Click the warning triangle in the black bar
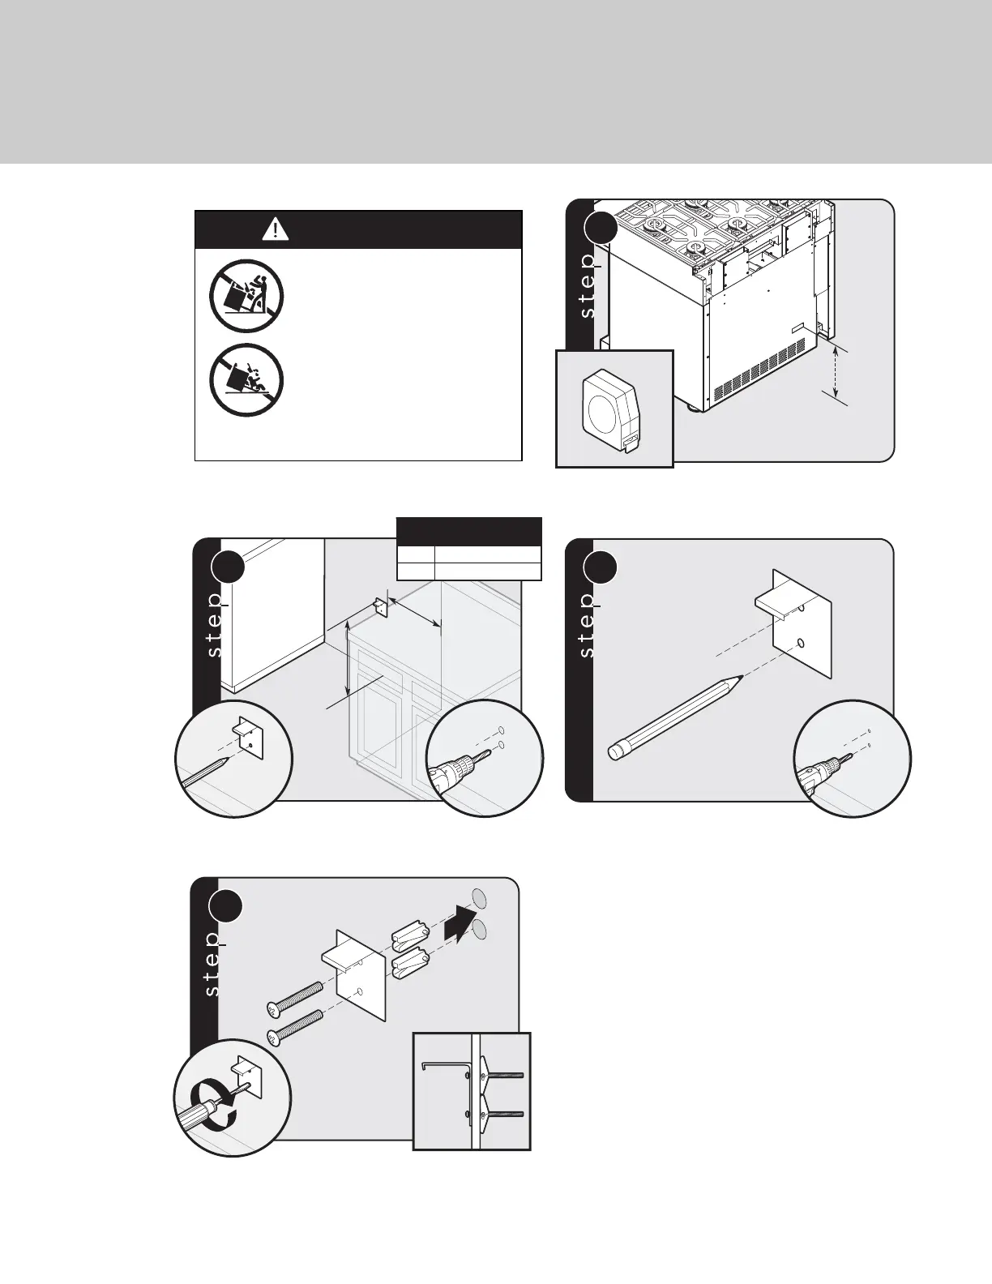(276, 229)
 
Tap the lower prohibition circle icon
(246, 381)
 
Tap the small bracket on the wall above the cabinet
(380, 607)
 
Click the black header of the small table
(468, 531)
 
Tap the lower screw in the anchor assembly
(297, 1026)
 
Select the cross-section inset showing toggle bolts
(472, 1090)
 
